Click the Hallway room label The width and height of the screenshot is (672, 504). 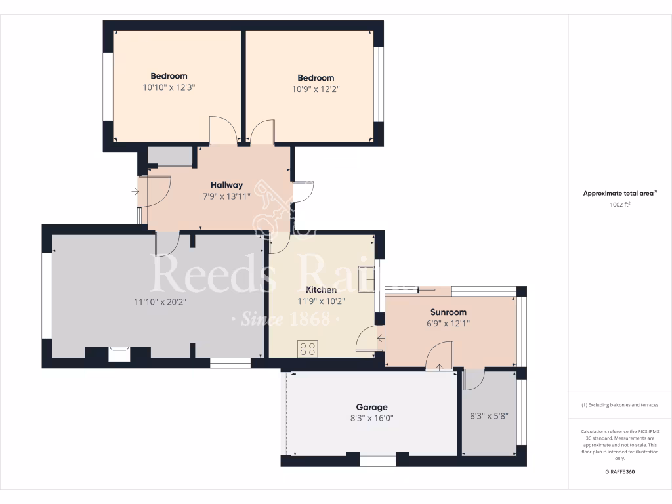(x=226, y=185)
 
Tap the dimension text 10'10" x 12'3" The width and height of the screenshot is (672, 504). (x=169, y=87)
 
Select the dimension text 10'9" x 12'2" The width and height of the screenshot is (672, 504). (x=316, y=89)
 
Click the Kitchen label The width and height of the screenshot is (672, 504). (x=321, y=289)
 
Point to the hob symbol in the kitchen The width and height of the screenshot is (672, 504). (x=307, y=348)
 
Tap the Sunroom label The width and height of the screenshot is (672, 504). (x=448, y=312)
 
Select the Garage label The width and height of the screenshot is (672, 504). (x=371, y=407)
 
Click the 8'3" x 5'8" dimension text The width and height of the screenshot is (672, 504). (x=489, y=415)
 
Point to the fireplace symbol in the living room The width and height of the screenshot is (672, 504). (x=119, y=354)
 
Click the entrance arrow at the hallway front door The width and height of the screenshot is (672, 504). (x=135, y=192)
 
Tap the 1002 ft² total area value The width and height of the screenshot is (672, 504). (x=620, y=205)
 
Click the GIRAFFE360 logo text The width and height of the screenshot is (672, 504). (x=619, y=471)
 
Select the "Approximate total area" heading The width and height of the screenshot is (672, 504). (x=619, y=193)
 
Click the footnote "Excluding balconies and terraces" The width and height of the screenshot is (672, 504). (x=620, y=405)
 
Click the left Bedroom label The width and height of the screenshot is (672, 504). (x=169, y=76)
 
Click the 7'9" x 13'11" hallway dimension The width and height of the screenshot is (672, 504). (x=226, y=196)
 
